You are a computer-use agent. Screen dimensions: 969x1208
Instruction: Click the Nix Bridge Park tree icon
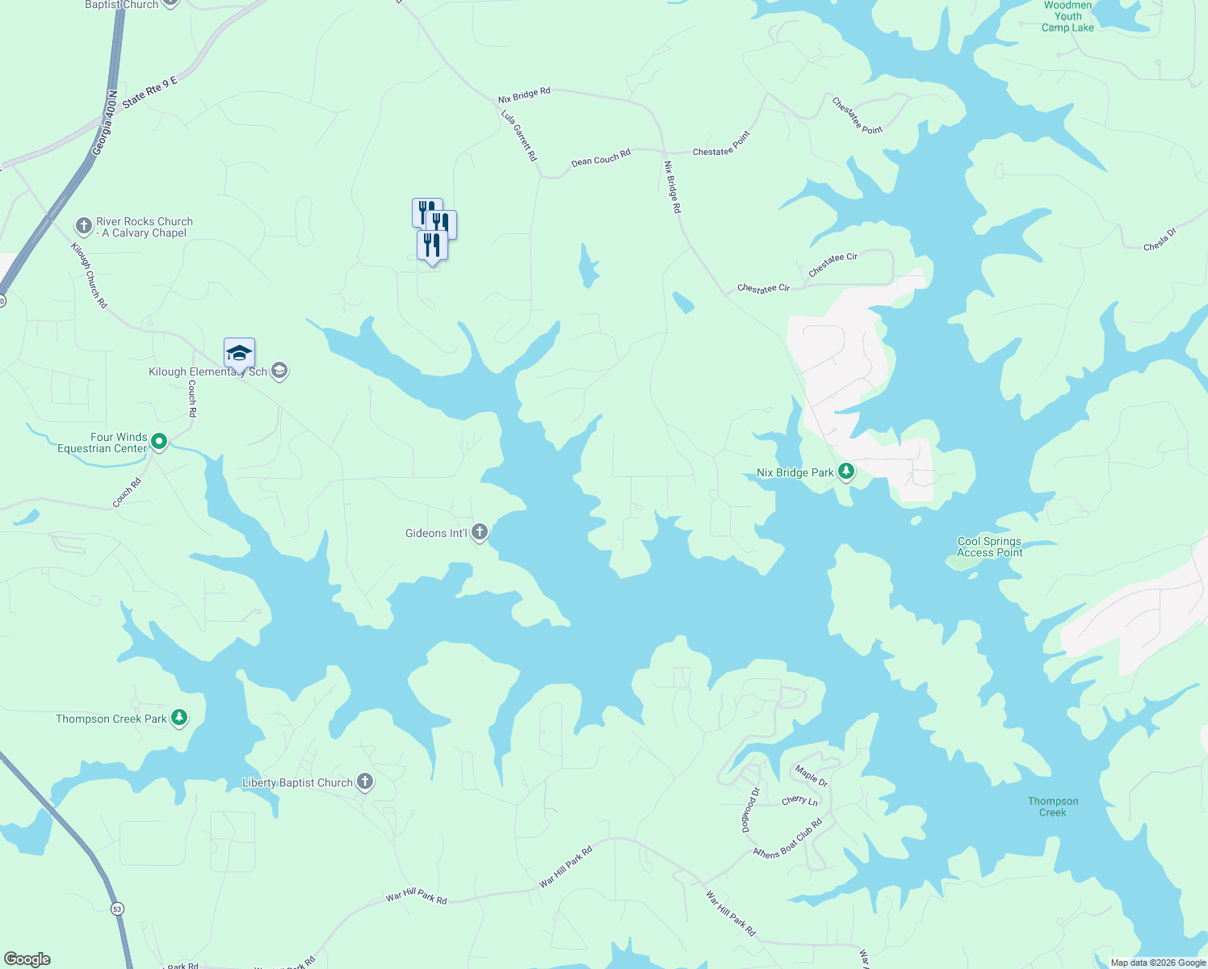coord(846,472)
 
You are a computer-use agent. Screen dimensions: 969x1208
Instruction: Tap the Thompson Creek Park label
coord(111,719)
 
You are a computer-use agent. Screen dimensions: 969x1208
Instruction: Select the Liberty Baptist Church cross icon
coord(365,782)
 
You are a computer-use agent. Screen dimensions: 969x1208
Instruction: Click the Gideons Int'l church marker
coord(480,531)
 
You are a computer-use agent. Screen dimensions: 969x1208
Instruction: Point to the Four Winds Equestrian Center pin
coord(159,441)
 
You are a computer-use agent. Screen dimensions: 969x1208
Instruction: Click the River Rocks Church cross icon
coord(83,226)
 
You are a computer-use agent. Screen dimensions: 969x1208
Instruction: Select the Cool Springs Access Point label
coord(989,547)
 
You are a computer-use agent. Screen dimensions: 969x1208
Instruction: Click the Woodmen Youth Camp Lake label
coord(1067,16)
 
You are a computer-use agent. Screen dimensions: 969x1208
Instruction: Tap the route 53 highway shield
coord(118,908)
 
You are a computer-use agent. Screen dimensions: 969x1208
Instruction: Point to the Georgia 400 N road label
coord(105,123)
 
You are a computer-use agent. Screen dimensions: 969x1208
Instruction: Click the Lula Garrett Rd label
coord(519,135)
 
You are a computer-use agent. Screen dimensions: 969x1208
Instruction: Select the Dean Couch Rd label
coord(601,157)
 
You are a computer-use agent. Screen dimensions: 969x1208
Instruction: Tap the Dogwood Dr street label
coord(751,810)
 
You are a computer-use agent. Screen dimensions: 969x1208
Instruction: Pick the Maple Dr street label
coord(812,776)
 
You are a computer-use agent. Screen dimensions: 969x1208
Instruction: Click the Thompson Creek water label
coord(1053,807)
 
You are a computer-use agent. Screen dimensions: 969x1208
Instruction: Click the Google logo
coord(27,959)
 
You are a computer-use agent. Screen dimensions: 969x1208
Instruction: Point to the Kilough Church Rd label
coord(89,275)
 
